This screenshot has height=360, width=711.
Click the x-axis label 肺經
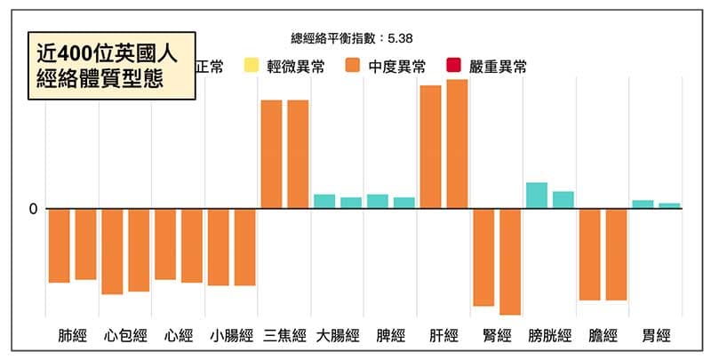pyautogui.click(x=72, y=336)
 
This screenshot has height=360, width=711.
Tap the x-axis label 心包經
pyautogui.click(x=124, y=336)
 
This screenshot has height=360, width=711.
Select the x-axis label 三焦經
pyautogui.click(x=284, y=336)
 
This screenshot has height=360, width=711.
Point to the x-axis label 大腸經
pyautogui.click(x=338, y=336)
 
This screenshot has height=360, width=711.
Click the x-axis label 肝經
pyautogui.click(x=443, y=336)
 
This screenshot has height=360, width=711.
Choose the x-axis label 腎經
pyautogui.click(x=497, y=336)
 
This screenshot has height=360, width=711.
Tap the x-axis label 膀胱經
pyautogui.click(x=550, y=336)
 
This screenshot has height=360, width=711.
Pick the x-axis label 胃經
pyautogui.click(x=656, y=336)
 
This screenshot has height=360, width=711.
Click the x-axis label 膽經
pyautogui.click(x=603, y=336)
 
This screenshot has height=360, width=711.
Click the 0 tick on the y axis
pyautogui.click(x=33, y=209)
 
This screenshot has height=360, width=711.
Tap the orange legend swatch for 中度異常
pyautogui.click(x=353, y=66)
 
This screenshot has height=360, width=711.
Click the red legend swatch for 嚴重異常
pyautogui.click(x=454, y=66)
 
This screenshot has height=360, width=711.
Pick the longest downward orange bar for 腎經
pyautogui.click(x=510, y=261)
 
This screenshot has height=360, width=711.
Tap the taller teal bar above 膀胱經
pyautogui.click(x=537, y=196)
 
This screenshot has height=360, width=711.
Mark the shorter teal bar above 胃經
pyautogui.click(x=669, y=205)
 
